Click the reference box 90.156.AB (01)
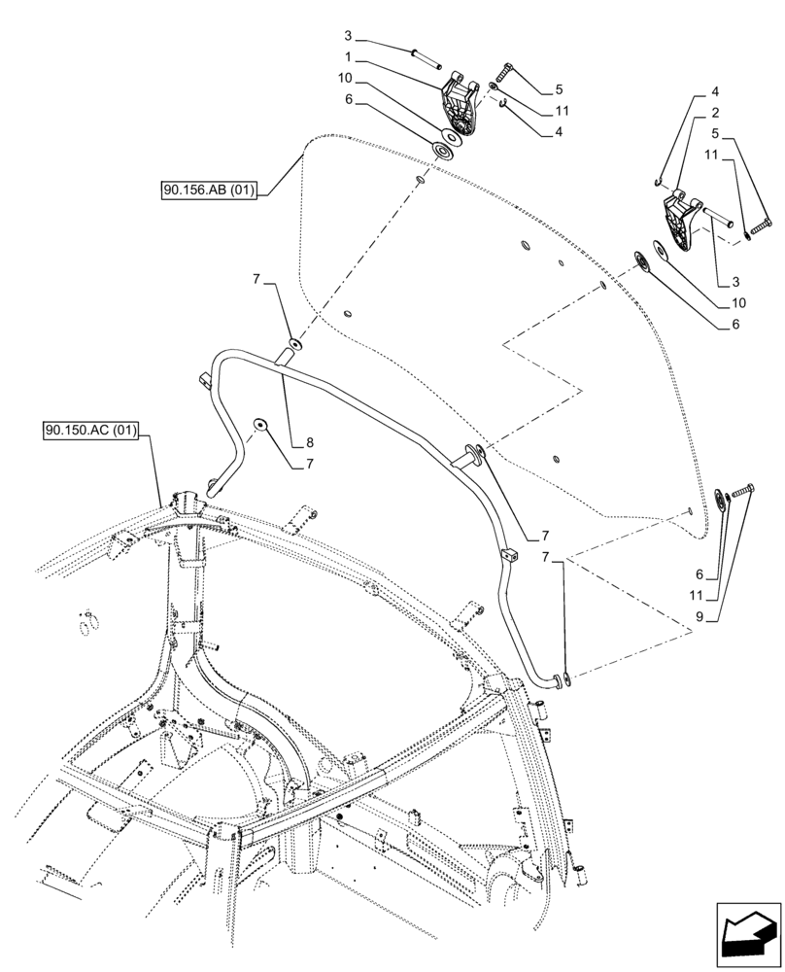(x=209, y=191)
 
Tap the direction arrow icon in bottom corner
(x=748, y=935)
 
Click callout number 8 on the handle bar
(x=308, y=442)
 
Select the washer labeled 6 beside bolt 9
(x=722, y=500)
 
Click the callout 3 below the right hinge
(x=724, y=281)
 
